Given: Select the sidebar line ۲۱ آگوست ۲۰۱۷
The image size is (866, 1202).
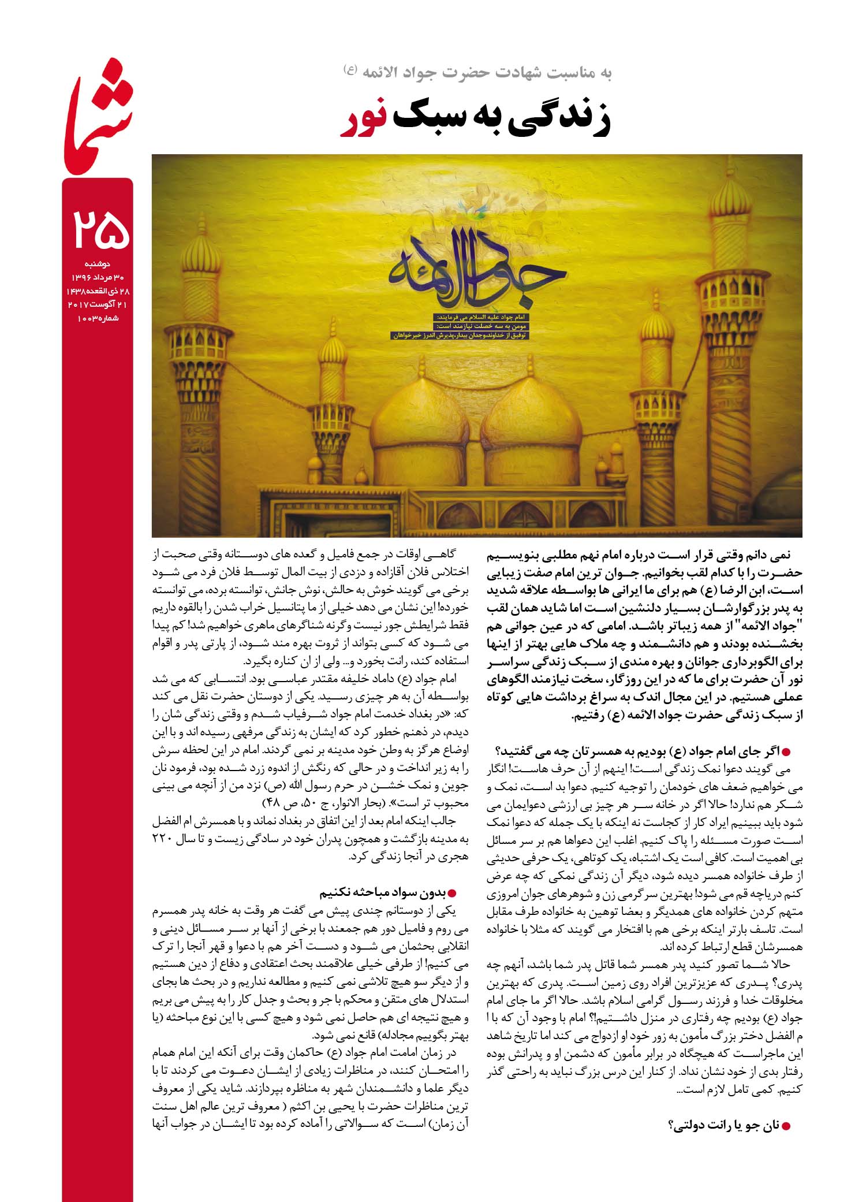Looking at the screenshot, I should click(96, 304).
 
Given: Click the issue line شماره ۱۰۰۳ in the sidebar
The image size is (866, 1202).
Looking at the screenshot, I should click(96, 318).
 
